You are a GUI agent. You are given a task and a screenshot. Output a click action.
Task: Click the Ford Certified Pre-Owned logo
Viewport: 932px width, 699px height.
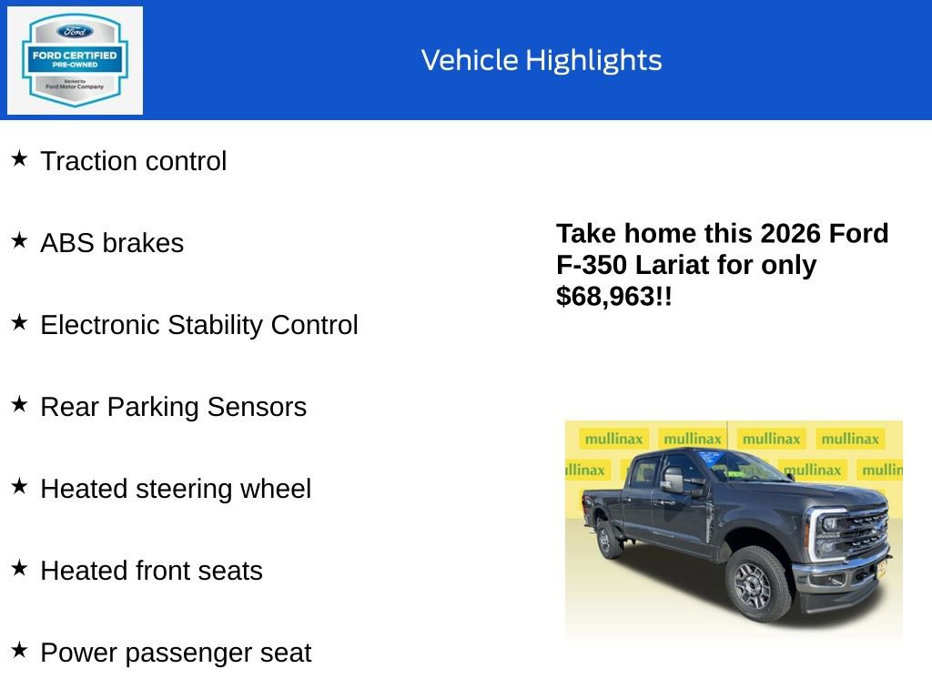75,60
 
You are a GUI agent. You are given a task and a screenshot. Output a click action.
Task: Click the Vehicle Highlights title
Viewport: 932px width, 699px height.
542,60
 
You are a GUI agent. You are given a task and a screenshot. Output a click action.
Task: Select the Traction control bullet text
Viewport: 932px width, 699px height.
134,161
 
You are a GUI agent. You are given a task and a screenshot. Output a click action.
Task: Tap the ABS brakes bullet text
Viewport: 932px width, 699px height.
112,243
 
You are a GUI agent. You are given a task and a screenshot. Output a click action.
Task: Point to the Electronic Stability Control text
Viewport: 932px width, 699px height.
199,325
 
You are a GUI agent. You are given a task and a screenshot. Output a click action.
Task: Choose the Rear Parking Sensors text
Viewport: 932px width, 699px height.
173,407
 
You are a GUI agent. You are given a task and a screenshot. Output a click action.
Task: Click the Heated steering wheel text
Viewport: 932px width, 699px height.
176,489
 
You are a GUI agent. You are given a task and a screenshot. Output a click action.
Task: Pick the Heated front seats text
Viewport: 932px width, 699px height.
151,571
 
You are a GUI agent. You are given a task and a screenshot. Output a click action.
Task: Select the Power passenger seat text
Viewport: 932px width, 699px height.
176,653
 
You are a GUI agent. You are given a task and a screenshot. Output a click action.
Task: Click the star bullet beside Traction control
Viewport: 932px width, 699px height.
19,158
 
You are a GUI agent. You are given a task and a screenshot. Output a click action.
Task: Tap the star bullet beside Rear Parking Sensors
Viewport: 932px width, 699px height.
19,404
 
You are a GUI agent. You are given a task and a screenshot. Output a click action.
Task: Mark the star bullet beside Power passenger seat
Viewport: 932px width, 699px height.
19,650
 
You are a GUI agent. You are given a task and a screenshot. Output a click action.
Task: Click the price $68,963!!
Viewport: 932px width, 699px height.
614,296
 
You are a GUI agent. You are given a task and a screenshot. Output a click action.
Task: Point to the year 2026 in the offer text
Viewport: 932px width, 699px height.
790,234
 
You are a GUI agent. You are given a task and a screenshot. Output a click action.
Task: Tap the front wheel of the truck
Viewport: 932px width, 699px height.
757,582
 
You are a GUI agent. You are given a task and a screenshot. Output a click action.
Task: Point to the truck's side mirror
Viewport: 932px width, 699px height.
674,480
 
